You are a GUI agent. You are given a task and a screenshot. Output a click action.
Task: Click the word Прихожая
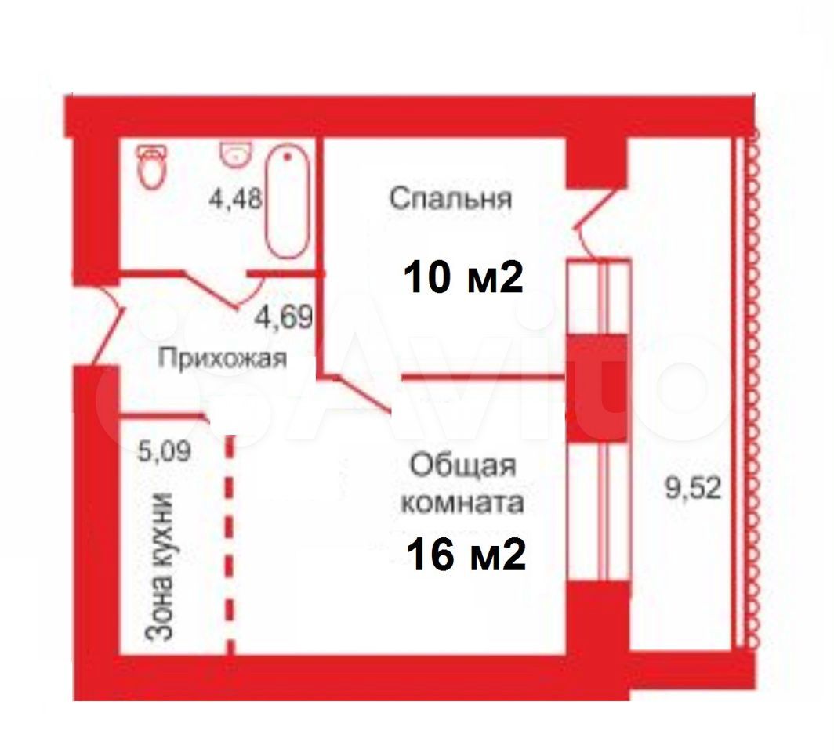point(223,359)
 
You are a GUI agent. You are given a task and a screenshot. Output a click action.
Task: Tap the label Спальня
point(450,198)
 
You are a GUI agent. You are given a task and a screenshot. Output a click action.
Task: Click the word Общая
point(462,465)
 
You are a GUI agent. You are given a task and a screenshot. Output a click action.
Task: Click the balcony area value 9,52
point(692,490)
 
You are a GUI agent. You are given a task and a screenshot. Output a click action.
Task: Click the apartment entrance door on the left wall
point(110,324)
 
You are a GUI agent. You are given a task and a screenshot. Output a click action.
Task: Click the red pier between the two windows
point(597,388)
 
